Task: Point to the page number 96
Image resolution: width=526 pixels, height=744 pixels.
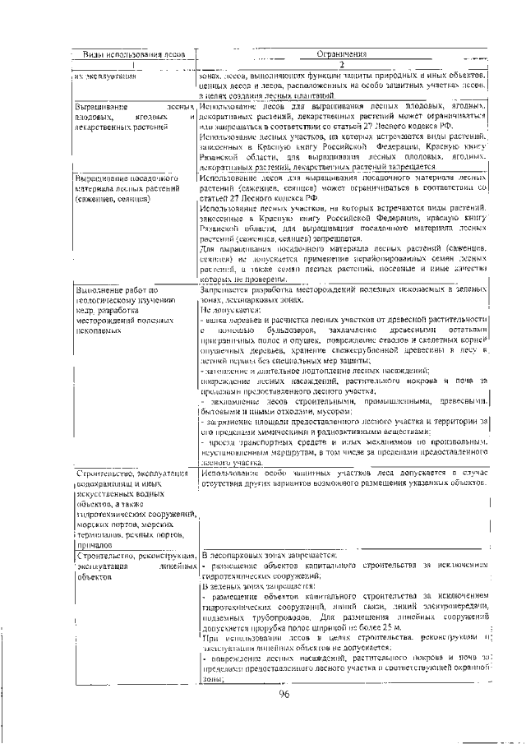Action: (284, 695)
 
